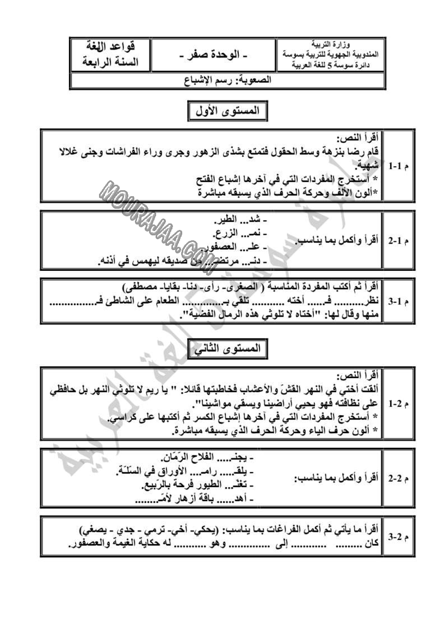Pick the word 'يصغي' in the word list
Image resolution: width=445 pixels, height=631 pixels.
[92, 529]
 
